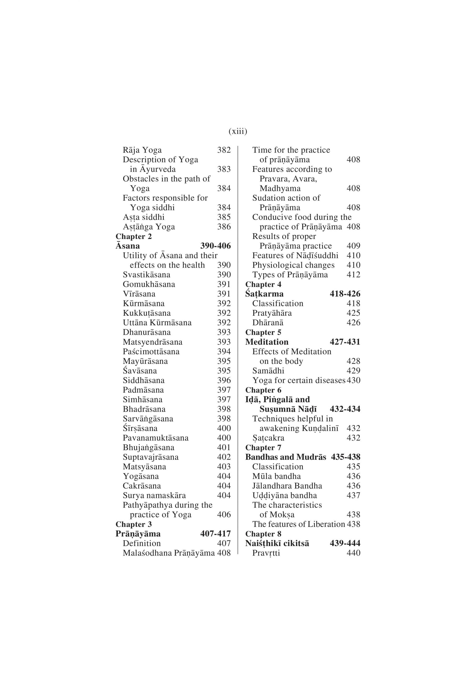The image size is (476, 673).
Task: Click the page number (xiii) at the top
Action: coord(238,131)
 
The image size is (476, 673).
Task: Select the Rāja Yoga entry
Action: coord(142,150)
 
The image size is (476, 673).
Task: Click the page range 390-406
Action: coord(216,246)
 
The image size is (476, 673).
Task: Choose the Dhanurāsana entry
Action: coord(147,332)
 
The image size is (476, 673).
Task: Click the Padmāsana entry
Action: coord(143,390)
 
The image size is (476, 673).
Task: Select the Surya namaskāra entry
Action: coord(154,496)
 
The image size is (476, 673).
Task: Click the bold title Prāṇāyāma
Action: coord(138,534)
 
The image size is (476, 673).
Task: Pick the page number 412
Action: coord(353,275)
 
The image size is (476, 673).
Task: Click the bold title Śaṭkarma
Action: coord(264,294)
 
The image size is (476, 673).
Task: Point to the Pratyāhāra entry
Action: coord(272,313)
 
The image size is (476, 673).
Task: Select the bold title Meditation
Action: coord(267,342)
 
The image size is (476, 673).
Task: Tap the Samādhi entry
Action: coord(268,371)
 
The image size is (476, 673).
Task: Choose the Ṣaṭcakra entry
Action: coord(268,438)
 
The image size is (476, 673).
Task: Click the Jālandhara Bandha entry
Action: coord(287,486)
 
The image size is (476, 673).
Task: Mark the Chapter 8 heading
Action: coord(263,534)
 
